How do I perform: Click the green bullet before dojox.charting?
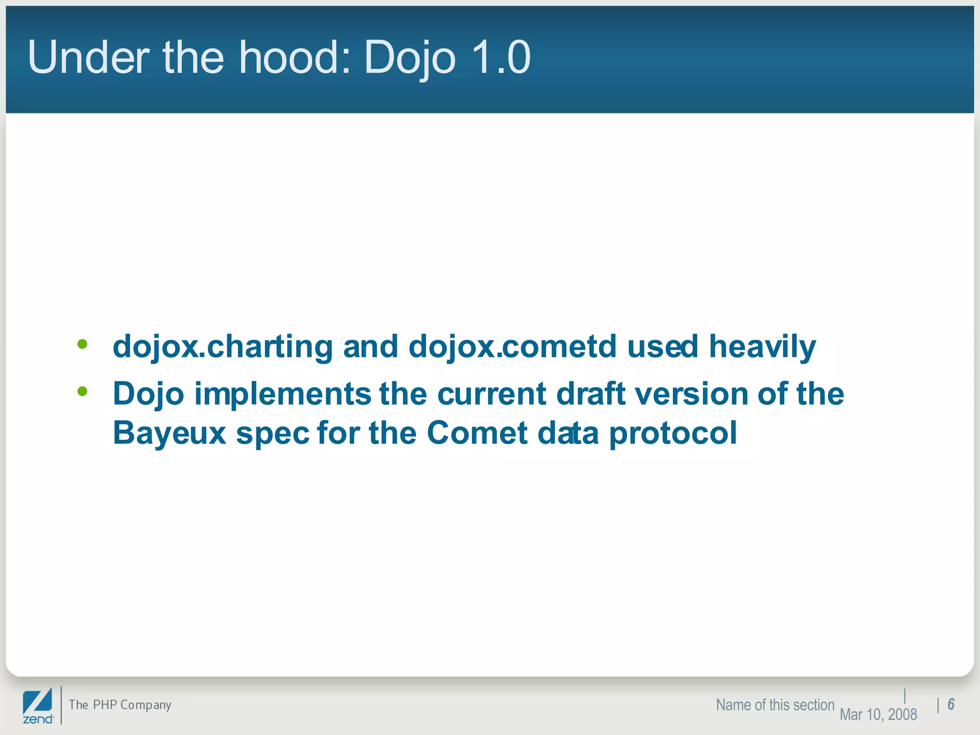(82, 344)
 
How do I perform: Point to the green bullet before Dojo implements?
(82, 391)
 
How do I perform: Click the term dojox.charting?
(223, 347)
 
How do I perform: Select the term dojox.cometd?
(512, 347)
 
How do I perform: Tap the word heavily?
(762, 347)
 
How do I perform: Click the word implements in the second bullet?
(282, 394)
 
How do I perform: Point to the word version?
(691, 394)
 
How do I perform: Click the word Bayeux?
(169, 434)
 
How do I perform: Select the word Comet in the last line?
(477, 434)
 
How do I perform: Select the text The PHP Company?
(120, 705)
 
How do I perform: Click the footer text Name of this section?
(775, 705)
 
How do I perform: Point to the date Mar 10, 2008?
(878, 714)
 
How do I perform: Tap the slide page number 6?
(951, 704)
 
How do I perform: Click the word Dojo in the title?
(410, 57)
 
